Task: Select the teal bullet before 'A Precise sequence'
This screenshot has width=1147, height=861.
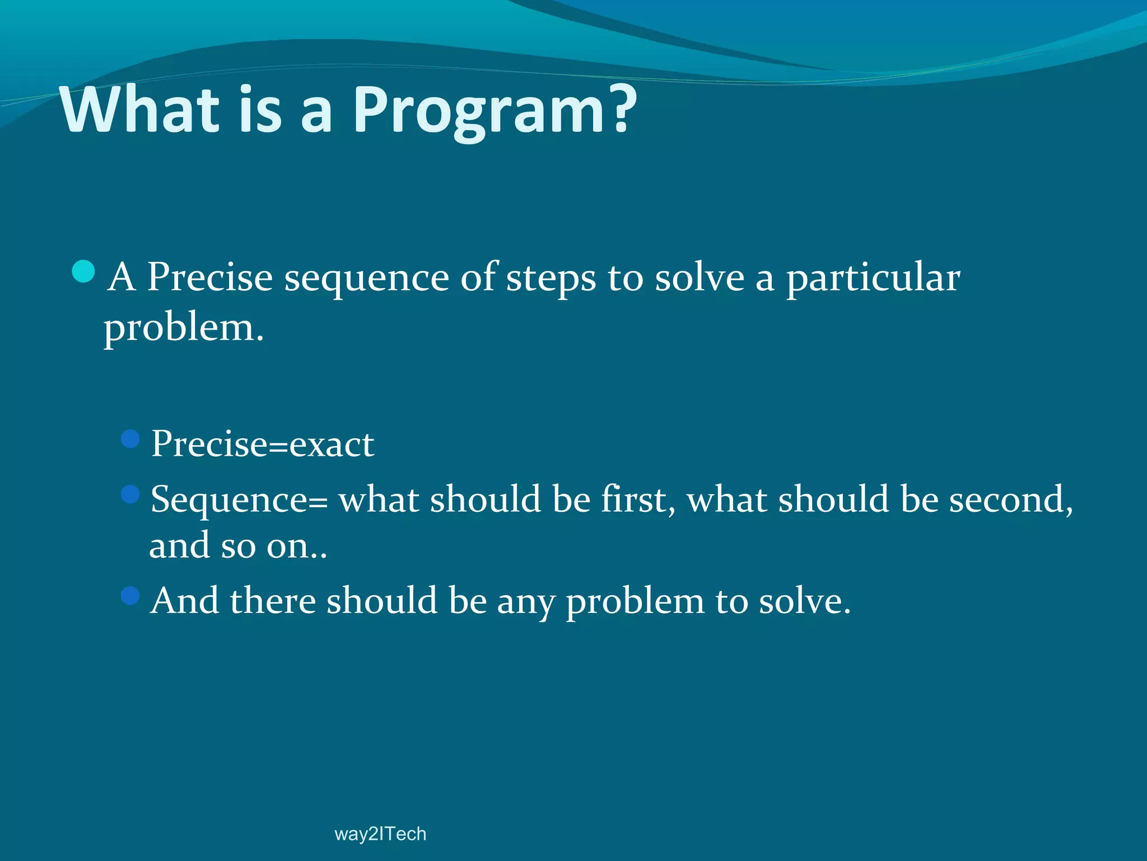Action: [x=84, y=272]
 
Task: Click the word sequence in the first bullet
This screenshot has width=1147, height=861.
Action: [x=366, y=279]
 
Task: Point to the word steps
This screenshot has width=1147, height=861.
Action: [x=551, y=279]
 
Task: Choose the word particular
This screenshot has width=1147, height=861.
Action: [x=873, y=279]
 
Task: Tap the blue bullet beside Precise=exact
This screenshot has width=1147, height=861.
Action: [x=130, y=439]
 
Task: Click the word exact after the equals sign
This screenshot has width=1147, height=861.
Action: [x=332, y=445]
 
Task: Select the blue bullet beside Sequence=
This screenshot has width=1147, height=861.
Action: [x=130, y=494]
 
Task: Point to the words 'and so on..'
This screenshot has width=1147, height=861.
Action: [x=238, y=545]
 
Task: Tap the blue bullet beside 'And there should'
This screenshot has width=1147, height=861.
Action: [x=130, y=595]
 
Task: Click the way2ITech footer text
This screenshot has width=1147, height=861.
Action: [x=380, y=834]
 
